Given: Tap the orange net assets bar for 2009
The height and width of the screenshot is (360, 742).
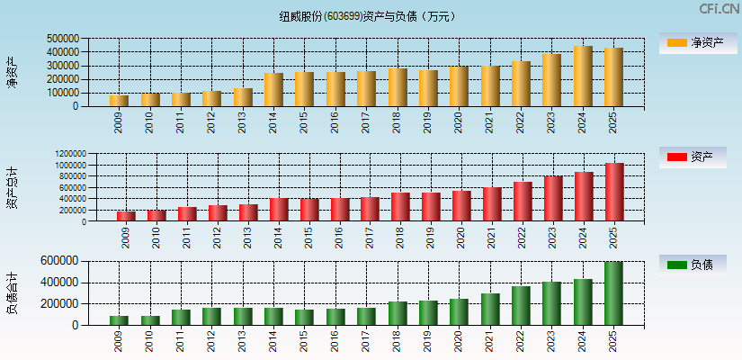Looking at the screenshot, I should tap(119, 101).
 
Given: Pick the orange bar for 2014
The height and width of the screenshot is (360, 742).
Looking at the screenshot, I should tap(273, 90).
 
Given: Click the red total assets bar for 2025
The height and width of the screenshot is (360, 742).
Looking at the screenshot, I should tap(614, 192).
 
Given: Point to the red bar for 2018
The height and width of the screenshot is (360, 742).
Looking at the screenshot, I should tap(400, 207).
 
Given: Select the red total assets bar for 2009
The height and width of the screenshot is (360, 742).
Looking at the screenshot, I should tap(125, 216).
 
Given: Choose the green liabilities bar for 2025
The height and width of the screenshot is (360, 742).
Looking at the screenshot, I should tap(613, 293).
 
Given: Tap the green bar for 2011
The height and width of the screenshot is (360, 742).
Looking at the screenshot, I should tap(181, 318).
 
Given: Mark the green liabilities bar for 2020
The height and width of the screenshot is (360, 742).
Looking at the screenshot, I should tap(459, 312).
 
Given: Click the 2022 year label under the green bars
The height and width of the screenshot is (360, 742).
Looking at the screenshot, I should tap(520, 339).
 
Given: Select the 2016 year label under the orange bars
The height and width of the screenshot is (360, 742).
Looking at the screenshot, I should tap(335, 121).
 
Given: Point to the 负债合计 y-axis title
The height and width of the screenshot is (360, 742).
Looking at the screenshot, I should tap(13, 292).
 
